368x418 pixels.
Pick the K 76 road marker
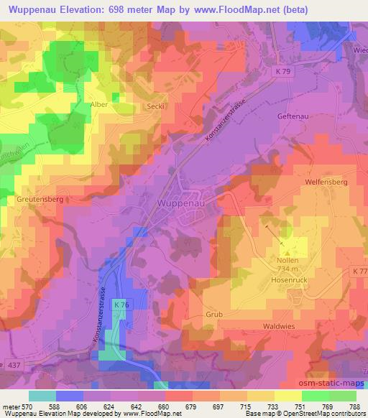(120, 305)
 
